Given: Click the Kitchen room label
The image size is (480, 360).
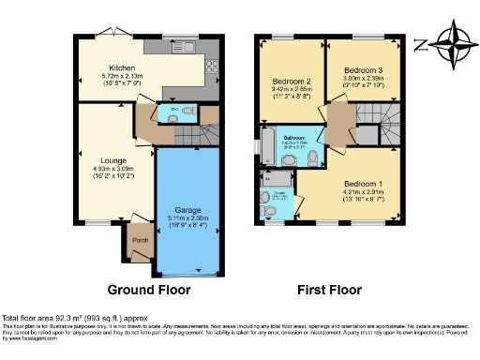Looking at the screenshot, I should (x=122, y=67).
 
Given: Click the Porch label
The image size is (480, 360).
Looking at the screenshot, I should (x=141, y=236).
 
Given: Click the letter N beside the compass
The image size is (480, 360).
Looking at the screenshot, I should (x=422, y=44).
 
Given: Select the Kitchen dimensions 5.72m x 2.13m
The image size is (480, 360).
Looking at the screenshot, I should (x=122, y=76).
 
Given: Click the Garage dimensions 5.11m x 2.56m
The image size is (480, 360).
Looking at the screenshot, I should (x=184, y=218).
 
